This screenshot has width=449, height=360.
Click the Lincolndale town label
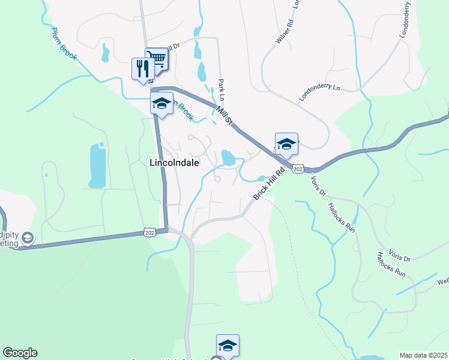coord(174,163)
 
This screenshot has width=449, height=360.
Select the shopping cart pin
coord(156,59)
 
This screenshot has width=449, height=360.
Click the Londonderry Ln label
coord(319,94)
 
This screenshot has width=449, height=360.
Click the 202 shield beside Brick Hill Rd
coord(298,170)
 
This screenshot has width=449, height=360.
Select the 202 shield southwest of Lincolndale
coord(150,232)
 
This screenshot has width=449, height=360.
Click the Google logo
coord(20,353)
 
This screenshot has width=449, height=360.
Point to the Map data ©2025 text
coord(423,355)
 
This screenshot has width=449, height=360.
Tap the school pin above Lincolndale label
coord(161,104)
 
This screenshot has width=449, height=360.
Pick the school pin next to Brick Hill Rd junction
coord(286,144)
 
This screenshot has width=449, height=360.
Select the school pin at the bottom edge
coord(228,345)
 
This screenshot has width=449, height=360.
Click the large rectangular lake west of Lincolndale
coord(97,166)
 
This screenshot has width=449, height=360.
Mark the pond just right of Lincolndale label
coord(229,158)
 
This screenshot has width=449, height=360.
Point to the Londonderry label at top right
coord(409,19)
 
